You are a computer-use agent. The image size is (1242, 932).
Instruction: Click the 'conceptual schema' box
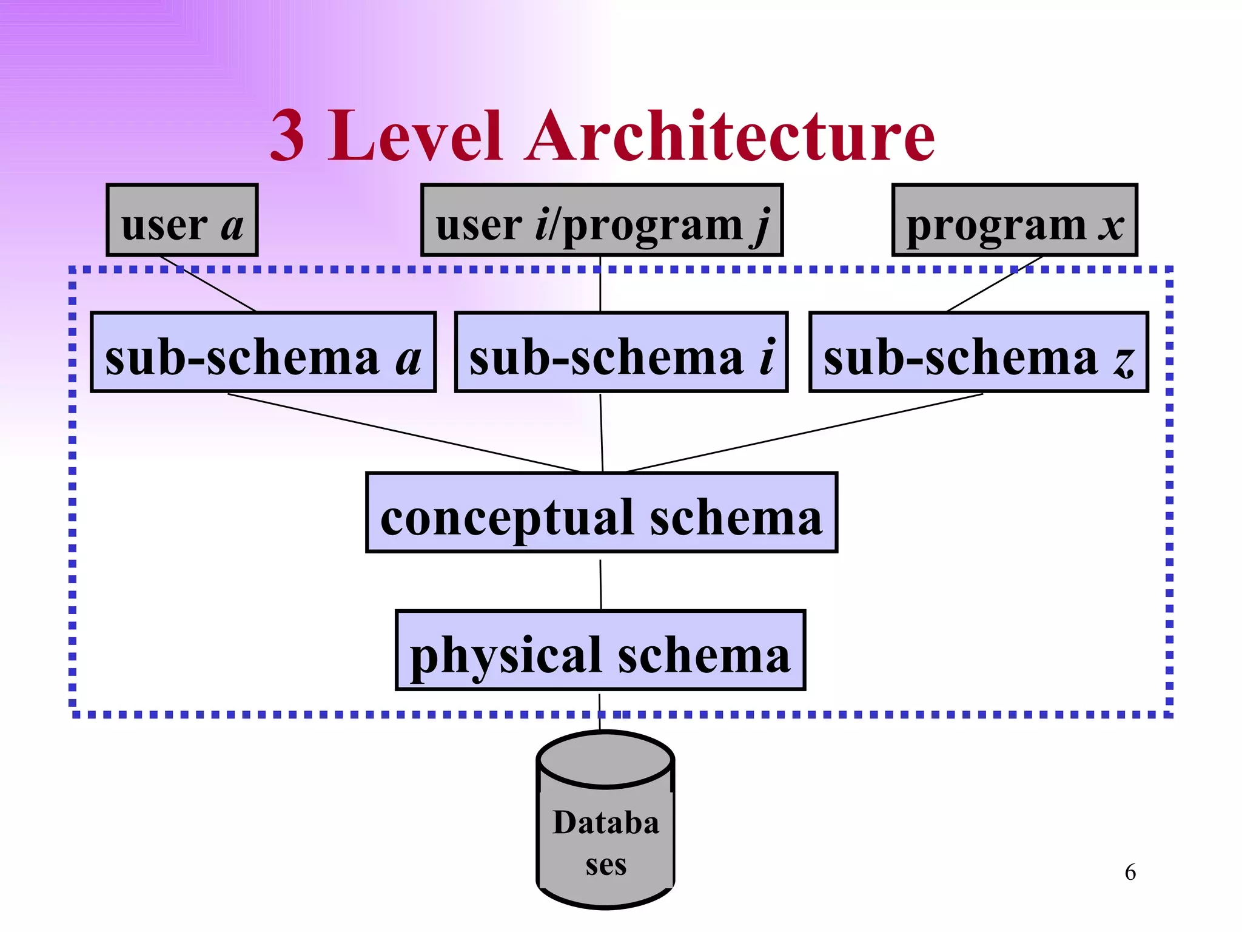coord(602,513)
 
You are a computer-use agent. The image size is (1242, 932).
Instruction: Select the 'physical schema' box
coord(600,651)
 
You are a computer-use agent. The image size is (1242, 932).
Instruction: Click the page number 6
coord(1130,873)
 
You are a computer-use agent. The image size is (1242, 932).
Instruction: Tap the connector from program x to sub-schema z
coord(995,284)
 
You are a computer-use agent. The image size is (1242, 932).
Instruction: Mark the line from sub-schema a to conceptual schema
coord(403,433)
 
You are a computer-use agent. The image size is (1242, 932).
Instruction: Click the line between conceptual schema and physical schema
coord(600,584)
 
